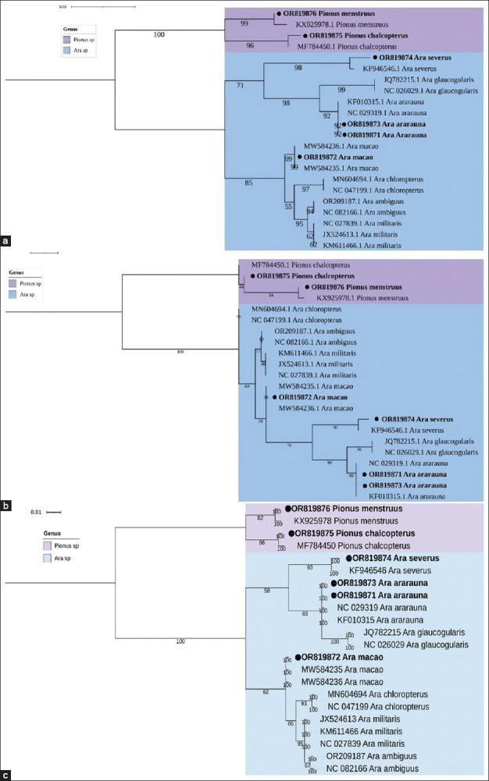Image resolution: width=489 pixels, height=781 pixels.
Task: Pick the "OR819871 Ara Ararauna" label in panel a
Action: pos(384,134)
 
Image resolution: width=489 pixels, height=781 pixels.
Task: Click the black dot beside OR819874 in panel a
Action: pos(374,58)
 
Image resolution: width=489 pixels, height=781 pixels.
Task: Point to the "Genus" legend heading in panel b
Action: pos(20,273)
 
